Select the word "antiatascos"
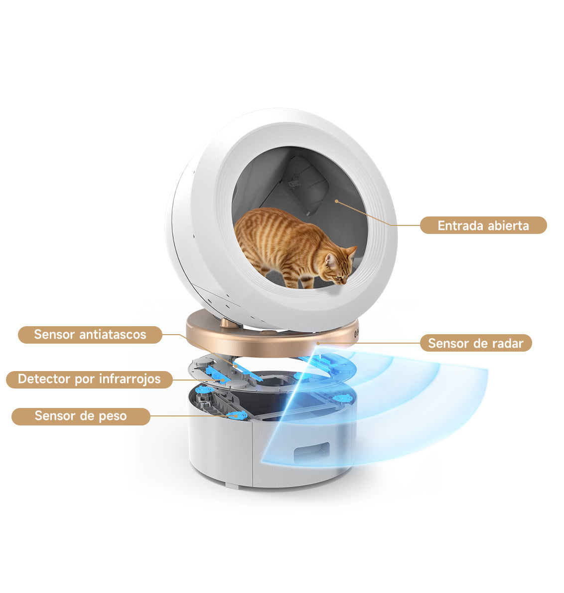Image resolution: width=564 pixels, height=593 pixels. pyautogui.click(x=113, y=334)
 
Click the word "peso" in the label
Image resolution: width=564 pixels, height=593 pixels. pyautogui.click(x=113, y=416)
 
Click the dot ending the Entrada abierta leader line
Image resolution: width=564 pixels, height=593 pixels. pyautogui.click(x=336, y=201)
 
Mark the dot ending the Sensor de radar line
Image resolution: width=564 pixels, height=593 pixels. pyautogui.click(x=318, y=344)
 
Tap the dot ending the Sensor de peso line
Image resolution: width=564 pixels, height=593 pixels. pyautogui.click(x=237, y=416)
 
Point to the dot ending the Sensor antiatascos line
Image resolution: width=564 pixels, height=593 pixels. pyautogui.click(x=235, y=366)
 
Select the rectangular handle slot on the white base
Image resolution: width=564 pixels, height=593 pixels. pyautogui.click(x=312, y=451)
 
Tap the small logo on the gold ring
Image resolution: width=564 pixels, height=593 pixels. pyautogui.click(x=356, y=334)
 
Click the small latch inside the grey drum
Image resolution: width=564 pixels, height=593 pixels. pyautogui.click(x=294, y=184)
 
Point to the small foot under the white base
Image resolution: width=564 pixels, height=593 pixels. pyautogui.click(x=232, y=484)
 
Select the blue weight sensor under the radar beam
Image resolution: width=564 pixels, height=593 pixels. pyautogui.click(x=341, y=398)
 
